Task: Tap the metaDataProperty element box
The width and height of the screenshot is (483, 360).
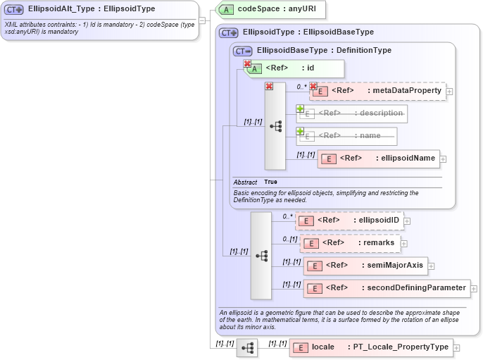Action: (x=378, y=90)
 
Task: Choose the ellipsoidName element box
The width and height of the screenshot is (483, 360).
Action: (x=379, y=159)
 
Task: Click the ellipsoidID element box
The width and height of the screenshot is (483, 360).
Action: (x=350, y=221)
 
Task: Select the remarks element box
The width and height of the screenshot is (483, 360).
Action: (x=351, y=243)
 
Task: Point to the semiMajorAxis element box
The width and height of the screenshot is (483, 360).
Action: (x=365, y=266)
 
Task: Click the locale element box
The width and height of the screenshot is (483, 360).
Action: (x=371, y=347)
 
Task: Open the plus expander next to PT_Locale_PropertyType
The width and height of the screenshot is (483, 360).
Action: (x=457, y=347)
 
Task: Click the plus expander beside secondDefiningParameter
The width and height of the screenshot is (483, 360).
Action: (x=474, y=288)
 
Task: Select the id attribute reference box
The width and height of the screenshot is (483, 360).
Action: (x=294, y=68)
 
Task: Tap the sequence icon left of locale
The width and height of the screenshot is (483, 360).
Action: (x=247, y=348)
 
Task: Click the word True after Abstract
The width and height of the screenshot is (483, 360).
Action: (x=270, y=182)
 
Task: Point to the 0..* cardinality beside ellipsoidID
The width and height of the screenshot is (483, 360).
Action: (x=287, y=216)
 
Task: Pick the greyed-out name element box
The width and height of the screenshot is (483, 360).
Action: (x=346, y=135)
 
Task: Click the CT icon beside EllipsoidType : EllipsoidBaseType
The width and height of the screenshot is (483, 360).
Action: (x=229, y=32)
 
